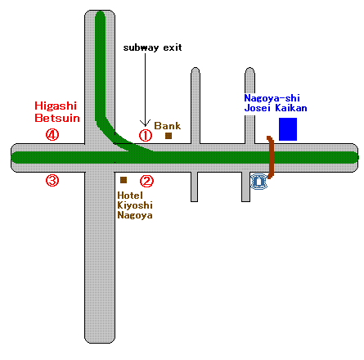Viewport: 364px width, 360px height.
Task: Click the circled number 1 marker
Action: (x=146, y=136)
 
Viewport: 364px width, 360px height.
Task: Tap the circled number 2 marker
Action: (x=146, y=181)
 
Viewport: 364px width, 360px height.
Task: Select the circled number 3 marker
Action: (x=52, y=180)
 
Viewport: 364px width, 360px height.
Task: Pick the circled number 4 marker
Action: (x=52, y=135)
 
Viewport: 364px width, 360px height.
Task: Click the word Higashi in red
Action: (x=56, y=106)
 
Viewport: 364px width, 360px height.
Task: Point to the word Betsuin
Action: (x=57, y=118)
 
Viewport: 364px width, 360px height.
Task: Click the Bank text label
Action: (x=168, y=126)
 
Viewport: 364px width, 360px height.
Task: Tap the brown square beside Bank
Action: (x=169, y=136)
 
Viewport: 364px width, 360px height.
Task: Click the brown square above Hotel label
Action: (x=124, y=180)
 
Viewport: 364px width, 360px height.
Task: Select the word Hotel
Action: (x=130, y=196)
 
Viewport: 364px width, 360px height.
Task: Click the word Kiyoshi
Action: (x=135, y=205)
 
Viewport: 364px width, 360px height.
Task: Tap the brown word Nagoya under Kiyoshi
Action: (x=135, y=215)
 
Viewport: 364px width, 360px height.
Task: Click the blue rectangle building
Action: (x=288, y=129)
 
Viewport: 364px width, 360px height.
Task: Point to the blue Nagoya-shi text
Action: (x=272, y=98)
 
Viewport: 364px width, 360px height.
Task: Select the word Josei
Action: (x=257, y=108)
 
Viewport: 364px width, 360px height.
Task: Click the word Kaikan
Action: (x=291, y=108)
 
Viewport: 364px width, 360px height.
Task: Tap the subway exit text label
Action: (x=152, y=47)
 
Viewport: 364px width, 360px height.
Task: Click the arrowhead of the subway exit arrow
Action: (x=145, y=124)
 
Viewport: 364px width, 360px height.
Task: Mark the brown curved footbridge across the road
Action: (x=271, y=157)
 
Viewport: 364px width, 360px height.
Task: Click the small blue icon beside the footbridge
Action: (x=258, y=182)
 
